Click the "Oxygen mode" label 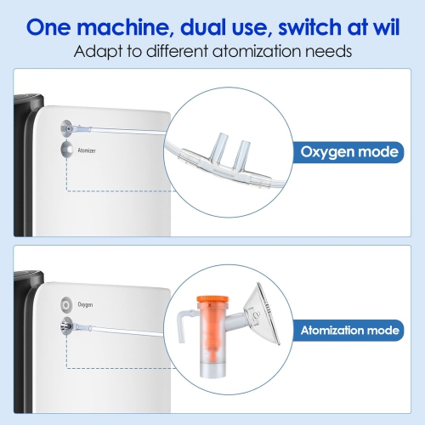348,153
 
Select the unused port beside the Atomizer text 65,150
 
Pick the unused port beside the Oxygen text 65,303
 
